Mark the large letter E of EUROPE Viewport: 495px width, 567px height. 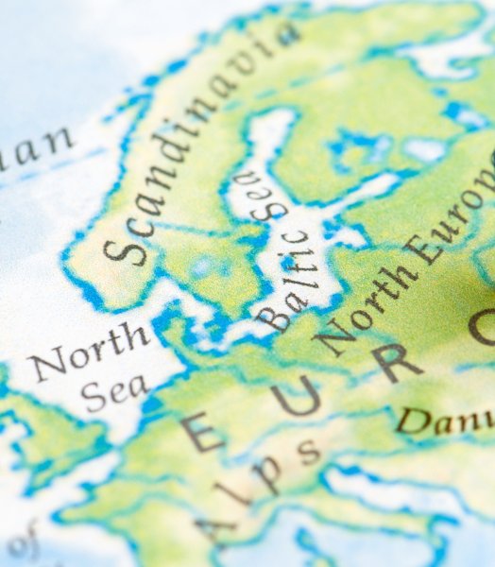(x=202, y=431)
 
